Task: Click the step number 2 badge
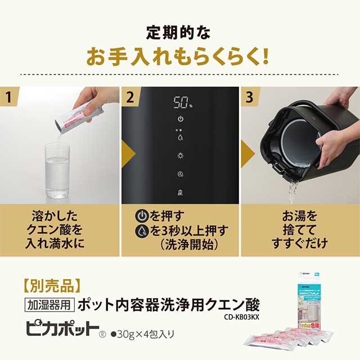pyautogui.click(x=130, y=96)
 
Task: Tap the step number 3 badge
pyautogui.click(x=251, y=96)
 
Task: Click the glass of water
pyautogui.click(x=58, y=169)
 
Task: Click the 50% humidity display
pyautogui.click(x=180, y=103)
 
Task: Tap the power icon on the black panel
pyautogui.click(x=180, y=119)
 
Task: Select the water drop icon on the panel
pyautogui.click(x=180, y=136)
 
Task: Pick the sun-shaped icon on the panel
pyautogui.click(x=180, y=156)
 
